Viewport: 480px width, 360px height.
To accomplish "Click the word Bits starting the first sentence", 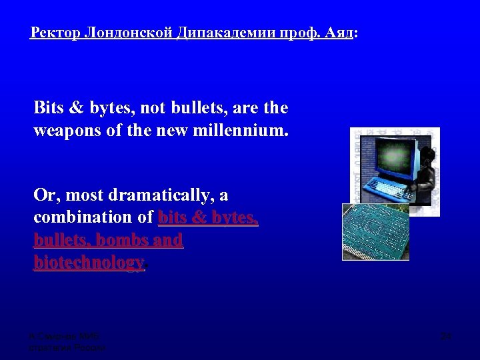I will click(48, 107).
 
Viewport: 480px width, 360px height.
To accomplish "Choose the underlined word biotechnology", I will click(89, 262).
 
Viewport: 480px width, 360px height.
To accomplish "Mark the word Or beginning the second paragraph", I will click(43, 196).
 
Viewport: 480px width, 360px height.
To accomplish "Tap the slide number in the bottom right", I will click(446, 336).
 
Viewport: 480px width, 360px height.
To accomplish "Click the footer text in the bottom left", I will click(67, 342).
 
